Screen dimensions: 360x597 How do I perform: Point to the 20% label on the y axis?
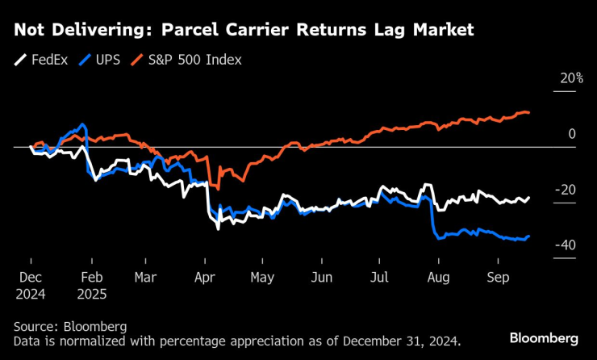(570, 78)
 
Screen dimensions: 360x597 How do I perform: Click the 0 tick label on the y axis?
(572, 134)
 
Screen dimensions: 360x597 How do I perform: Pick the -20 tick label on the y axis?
(567, 190)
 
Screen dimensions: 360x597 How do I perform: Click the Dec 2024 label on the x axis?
(31, 283)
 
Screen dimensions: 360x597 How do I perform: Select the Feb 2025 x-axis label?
(93, 283)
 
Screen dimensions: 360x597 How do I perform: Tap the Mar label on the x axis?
(146, 276)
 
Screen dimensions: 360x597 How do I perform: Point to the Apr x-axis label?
(205, 276)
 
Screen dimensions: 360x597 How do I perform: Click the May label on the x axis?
(263, 276)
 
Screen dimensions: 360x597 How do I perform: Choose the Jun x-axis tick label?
(321, 276)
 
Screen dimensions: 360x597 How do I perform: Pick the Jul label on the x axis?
(378, 276)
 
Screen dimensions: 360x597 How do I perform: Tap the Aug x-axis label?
(438, 276)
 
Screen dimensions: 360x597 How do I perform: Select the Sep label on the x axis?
(497, 276)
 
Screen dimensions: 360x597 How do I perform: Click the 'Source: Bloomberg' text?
(70, 327)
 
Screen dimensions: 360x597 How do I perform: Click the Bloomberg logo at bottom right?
(544, 337)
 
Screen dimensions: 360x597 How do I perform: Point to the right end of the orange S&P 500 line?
(529, 112)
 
